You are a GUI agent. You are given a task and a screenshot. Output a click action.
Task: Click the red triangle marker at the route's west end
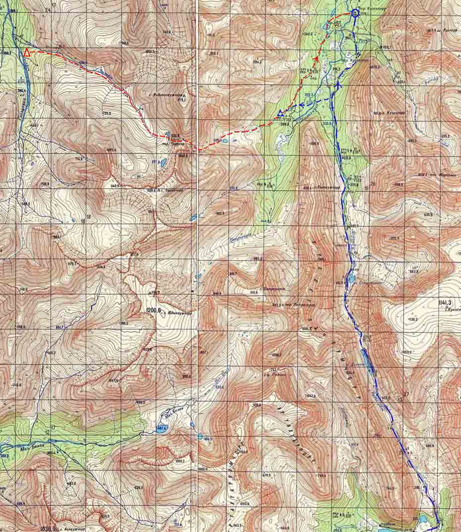(26, 52)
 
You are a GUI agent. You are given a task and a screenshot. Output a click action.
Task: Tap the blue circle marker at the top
(355, 13)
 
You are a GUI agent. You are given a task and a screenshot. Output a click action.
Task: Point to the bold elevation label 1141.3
(446, 302)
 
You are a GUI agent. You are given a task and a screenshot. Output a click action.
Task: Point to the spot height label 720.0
(105, 516)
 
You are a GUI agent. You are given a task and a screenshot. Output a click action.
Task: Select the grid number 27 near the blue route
(407, 394)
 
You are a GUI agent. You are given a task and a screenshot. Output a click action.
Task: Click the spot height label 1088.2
(180, 461)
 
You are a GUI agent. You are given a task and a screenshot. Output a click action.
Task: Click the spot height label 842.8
(311, 396)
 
